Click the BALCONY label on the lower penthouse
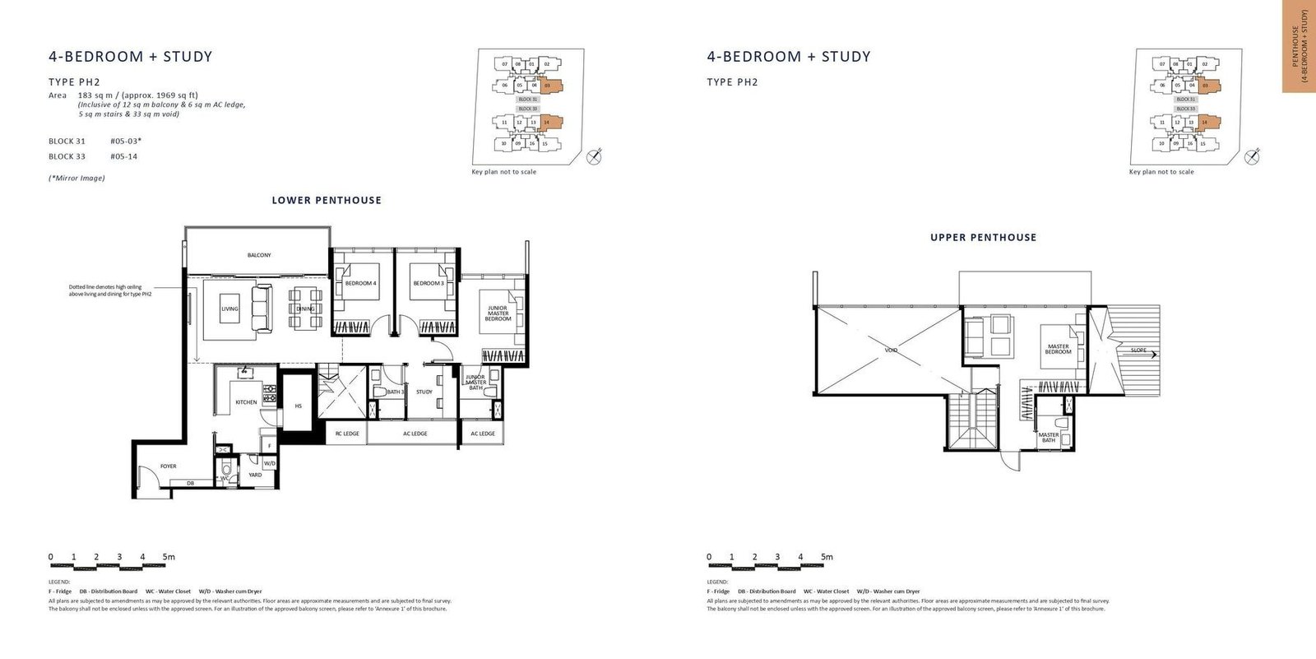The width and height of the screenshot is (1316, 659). (259, 255)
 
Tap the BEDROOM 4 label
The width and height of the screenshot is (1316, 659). (360, 283)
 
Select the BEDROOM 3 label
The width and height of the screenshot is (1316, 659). (428, 283)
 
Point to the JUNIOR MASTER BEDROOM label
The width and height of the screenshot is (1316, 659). (498, 313)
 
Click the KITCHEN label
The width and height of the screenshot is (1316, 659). (246, 402)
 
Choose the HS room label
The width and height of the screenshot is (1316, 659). (298, 406)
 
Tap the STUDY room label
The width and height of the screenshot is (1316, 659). (424, 392)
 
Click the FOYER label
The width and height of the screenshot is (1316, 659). (168, 466)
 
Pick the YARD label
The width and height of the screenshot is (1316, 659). (256, 475)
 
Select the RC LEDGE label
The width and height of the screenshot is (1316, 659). (347, 434)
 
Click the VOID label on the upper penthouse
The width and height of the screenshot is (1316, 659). (891, 350)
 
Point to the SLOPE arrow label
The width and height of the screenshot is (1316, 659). (1142, 350)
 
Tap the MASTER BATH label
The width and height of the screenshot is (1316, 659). (1048, 438)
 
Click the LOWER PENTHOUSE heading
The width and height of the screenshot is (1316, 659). (327, 200)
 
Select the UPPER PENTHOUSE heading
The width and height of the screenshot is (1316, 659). (983, 237)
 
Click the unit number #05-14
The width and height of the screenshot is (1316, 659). (123, 156)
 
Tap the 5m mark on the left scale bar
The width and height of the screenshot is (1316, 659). (168, 557)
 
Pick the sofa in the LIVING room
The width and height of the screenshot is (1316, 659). (262, 308)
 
